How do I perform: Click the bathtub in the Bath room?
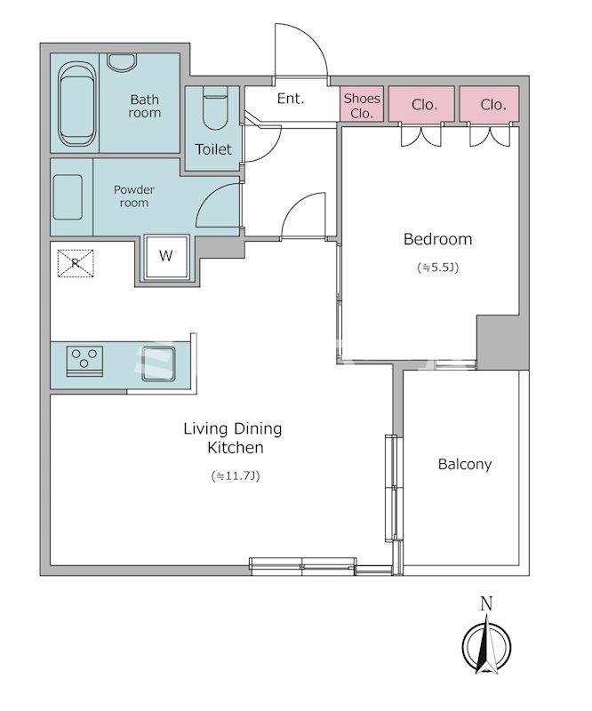coord(77,104)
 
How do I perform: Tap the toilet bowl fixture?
coord(214,108)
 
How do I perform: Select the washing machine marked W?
coord(166,257)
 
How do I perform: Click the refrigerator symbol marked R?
coord(76,263)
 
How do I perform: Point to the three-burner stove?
coord(84,361)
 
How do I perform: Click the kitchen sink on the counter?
coord(158,363)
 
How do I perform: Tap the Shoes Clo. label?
coord(362,106)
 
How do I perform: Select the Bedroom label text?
coord(437,239)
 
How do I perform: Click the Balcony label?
coord(465,464)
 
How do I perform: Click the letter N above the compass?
coord(486,603)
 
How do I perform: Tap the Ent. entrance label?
coord(291,99)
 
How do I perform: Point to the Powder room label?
coord(134,196)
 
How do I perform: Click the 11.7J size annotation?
coord(236,476)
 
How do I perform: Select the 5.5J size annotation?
coord(437,268)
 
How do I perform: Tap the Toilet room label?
coord(213,149)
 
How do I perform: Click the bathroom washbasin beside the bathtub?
coord(122,60)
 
